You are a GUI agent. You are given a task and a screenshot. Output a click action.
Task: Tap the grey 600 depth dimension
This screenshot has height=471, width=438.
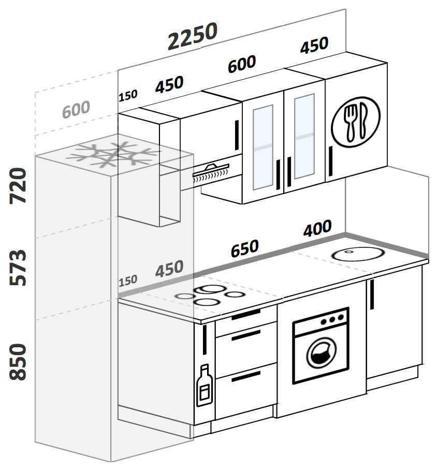click(76, 110)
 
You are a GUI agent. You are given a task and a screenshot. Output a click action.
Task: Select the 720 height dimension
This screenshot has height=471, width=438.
click(19, 185)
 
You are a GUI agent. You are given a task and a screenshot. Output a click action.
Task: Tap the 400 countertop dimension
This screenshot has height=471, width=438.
click(317, 228)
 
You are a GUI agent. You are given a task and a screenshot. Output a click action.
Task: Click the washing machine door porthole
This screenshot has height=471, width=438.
click(320, 355)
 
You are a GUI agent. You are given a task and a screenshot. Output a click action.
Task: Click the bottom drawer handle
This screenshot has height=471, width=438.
click(246, 376)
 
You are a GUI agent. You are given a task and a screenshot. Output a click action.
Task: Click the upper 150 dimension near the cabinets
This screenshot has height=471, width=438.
click(128, 96)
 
